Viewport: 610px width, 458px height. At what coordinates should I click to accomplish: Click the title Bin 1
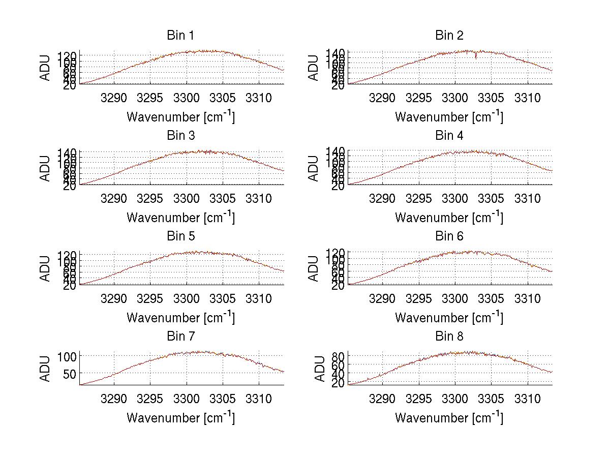180,36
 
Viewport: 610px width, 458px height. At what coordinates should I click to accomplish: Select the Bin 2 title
449,36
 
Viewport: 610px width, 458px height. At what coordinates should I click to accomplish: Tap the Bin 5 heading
180,236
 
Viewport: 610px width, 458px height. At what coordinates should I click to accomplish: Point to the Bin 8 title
449,337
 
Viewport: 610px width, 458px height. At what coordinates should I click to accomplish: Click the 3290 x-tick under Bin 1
114,98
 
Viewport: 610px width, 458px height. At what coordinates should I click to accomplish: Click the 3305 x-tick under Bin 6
491,298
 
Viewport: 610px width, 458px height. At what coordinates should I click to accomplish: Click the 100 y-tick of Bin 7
68,356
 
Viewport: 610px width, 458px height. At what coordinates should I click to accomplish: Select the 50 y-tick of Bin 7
70,374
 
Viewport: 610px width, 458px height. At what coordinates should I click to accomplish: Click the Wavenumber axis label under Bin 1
180,117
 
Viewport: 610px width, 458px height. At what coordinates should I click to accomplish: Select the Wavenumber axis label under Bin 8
449,418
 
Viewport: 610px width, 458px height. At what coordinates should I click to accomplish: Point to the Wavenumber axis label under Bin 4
449,217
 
